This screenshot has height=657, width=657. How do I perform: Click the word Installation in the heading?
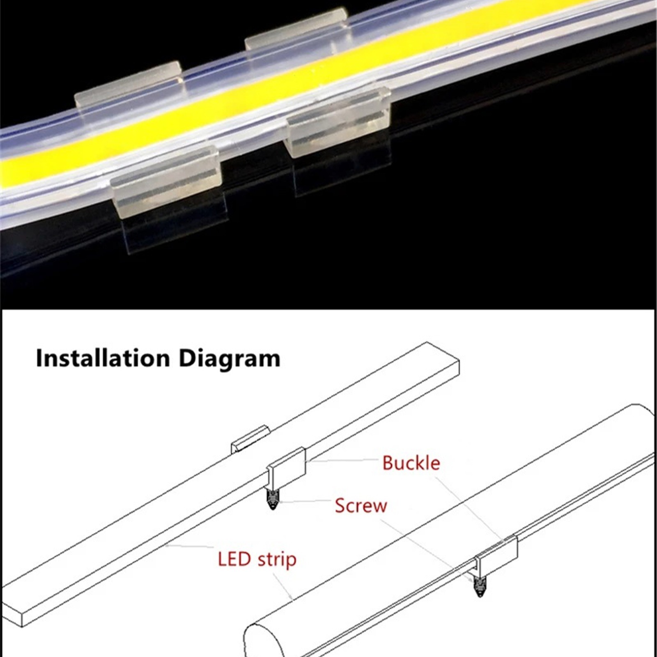coord(103,358)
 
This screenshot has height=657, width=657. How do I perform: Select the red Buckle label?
coord(411,463)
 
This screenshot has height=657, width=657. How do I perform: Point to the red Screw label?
coord(361,505)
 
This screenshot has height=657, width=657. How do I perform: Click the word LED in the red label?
coord(234,559)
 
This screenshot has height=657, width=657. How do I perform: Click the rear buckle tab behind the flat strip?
coord(249,439)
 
